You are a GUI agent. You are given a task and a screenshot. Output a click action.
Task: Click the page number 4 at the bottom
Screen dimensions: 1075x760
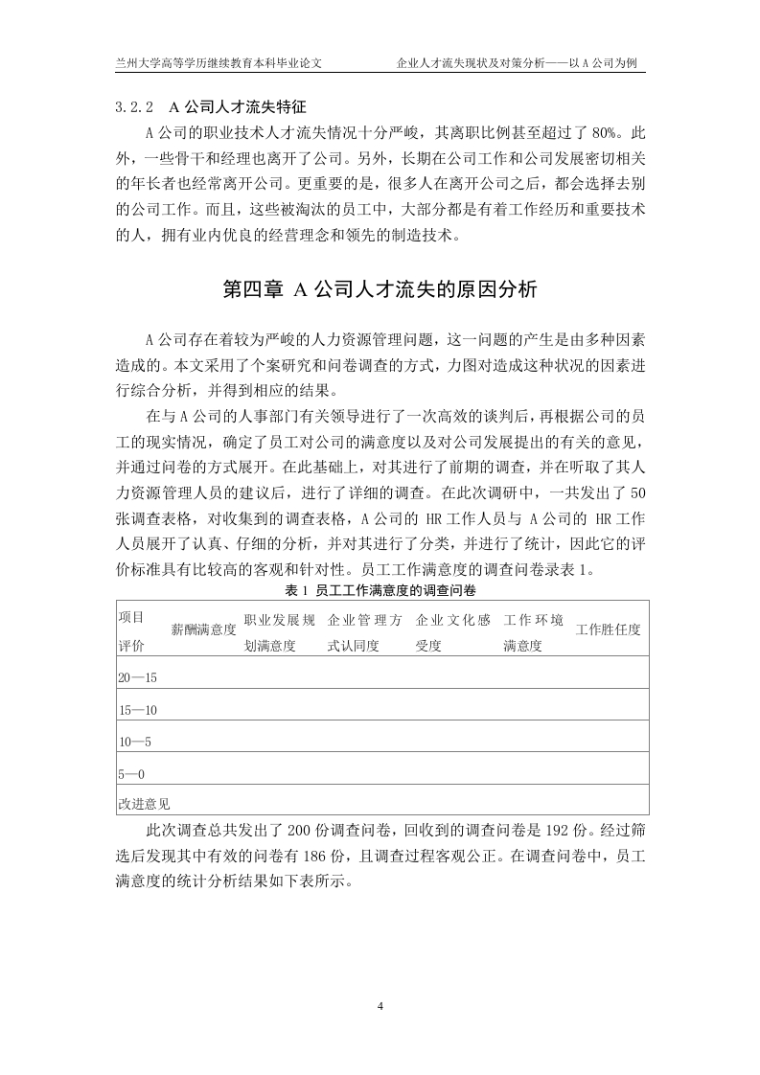click(380, 1006)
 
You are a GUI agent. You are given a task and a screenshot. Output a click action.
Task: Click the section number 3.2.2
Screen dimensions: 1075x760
click(133, 104)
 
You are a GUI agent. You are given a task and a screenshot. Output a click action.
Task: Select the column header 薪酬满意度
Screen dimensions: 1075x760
click(203, 629)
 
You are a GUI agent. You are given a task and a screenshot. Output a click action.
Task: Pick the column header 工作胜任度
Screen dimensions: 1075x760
click(608, 629)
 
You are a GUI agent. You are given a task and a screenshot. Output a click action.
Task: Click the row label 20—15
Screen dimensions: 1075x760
click(137, 677)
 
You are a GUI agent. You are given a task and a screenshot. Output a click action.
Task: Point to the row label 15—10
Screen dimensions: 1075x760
click(137, 710)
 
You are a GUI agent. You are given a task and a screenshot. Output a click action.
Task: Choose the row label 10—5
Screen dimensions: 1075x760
click(134, 742)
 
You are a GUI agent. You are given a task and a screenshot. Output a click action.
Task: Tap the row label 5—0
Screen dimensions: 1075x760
click(130, 773)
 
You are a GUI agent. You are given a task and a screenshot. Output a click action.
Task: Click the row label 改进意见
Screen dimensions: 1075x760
click(144, 801)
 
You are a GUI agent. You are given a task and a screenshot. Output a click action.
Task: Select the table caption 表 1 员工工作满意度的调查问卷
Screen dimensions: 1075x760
click(381, 589)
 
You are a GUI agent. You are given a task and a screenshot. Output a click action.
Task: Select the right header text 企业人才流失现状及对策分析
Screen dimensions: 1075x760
click(470, 63)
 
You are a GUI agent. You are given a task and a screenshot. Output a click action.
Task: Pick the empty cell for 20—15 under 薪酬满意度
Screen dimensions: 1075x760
click(203, 677)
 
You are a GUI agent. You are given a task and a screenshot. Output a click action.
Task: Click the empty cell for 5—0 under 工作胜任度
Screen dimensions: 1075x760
click(608, 773)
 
